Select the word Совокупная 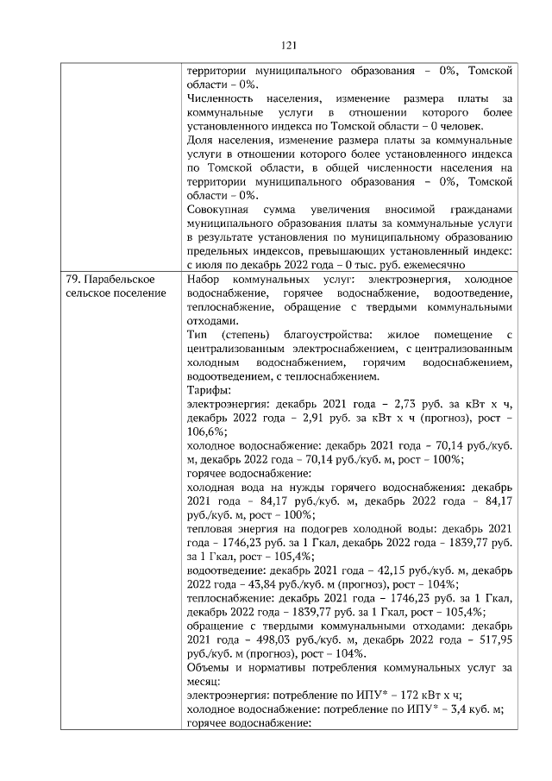point(218,210)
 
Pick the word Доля point(200,140)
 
